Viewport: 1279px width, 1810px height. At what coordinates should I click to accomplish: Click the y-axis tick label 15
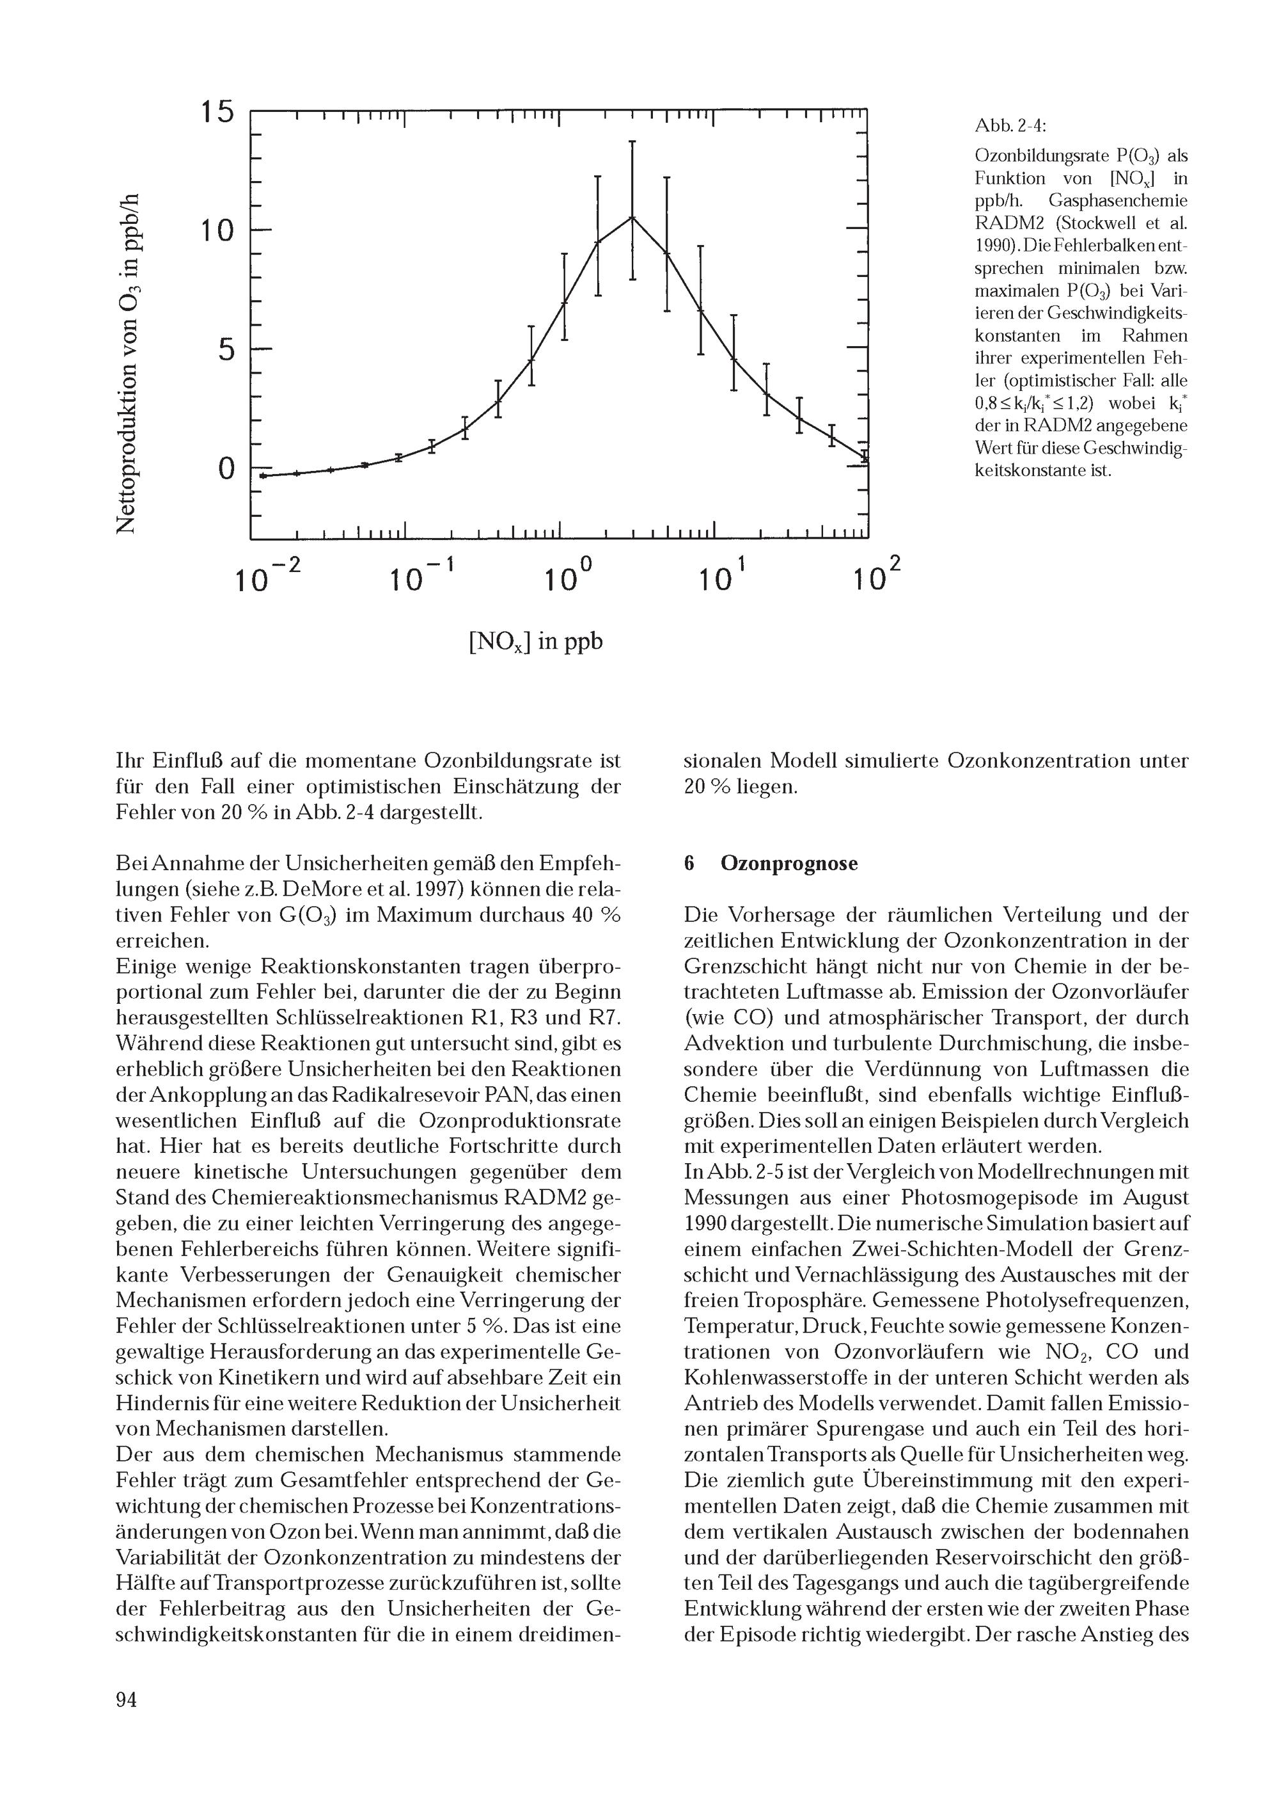(x=216, y=112)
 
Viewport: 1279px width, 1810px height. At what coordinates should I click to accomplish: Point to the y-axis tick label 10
(x=216, y=231)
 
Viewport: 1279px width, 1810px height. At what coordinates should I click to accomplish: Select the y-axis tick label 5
(x=226, y=349)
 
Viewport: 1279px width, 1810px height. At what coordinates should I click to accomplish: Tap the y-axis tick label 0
(x=226, y=468)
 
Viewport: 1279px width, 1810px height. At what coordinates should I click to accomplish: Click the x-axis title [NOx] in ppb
(x=535, y=642)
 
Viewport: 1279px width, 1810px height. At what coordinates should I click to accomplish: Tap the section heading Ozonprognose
(x=789, y=863)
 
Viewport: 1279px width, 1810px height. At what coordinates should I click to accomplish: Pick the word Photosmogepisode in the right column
(x=990, y=1198)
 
